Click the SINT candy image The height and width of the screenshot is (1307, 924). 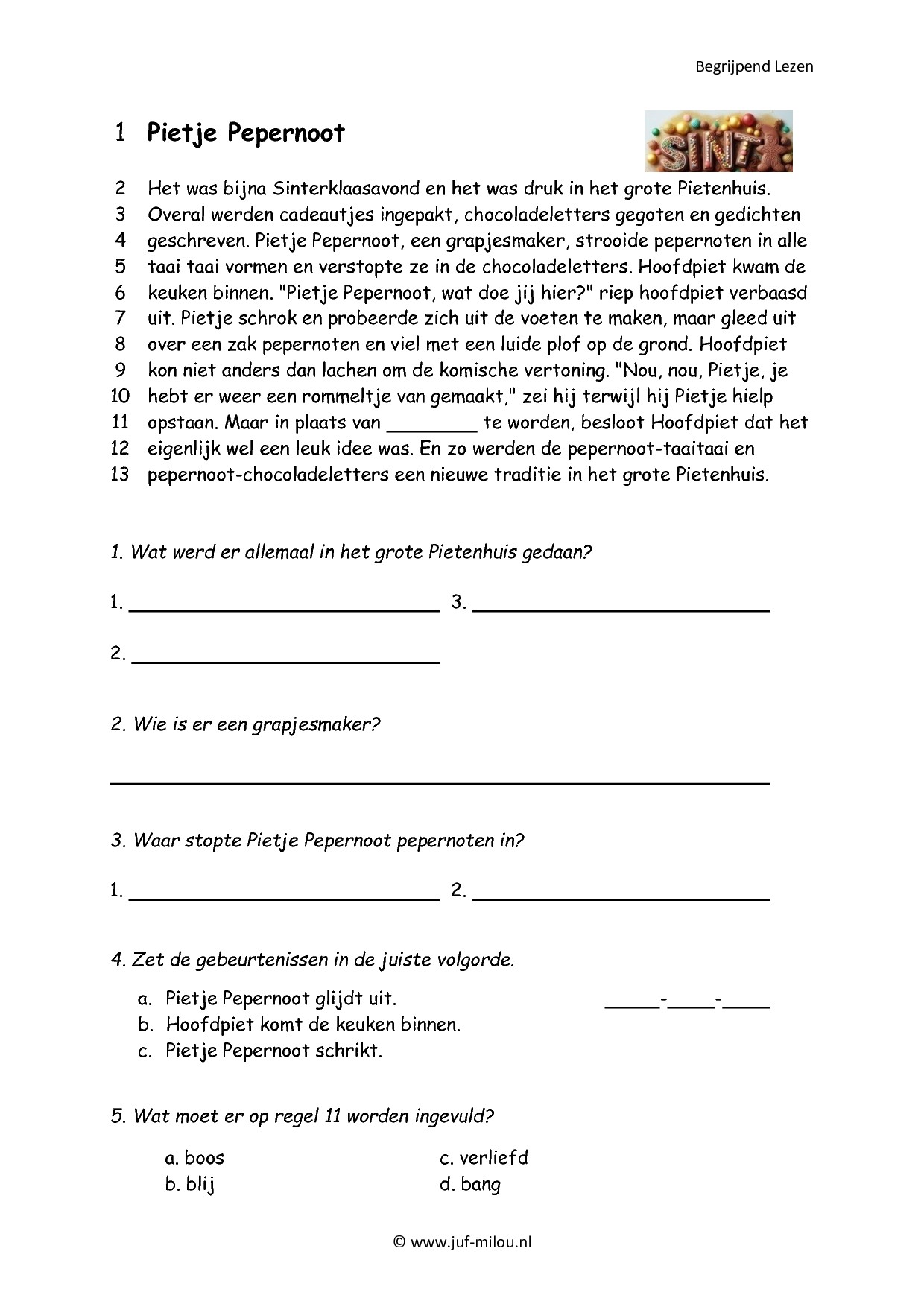[718, 142]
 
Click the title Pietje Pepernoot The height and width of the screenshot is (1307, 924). [246, 133]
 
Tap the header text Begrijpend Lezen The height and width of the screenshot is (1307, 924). [754, 66]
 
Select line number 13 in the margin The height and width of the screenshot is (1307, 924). [120, 475]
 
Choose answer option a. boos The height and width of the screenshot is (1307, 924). [194, 1158]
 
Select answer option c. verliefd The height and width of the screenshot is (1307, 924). [484, 1158]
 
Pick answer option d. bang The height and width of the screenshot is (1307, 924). [470, 1184]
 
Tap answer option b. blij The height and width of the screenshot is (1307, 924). [190, 1184]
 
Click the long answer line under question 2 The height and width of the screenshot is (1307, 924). [440, 782]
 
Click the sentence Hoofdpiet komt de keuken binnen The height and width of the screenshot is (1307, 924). [313, 1025]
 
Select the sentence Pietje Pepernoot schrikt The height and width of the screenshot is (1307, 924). [273, 1051]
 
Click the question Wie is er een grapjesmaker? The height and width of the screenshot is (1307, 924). [256, 724]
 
